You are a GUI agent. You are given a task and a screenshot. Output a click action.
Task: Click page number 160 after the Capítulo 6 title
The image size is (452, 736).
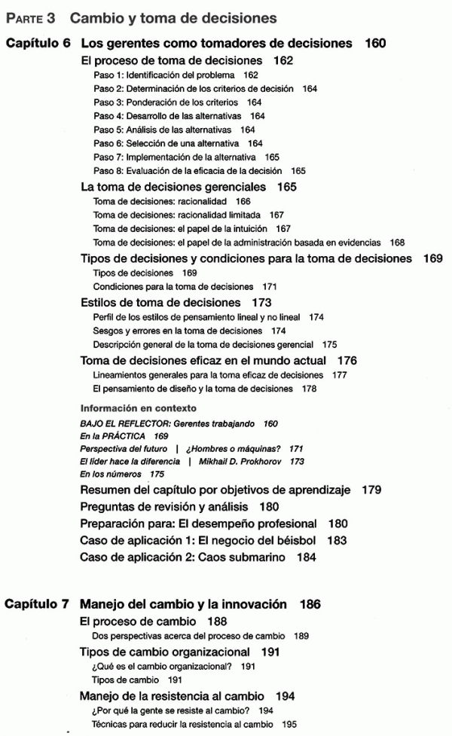pyautogui.click(x=375, y=44)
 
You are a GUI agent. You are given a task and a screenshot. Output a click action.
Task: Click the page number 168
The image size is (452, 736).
pyautogui.click(x=397, y=243)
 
